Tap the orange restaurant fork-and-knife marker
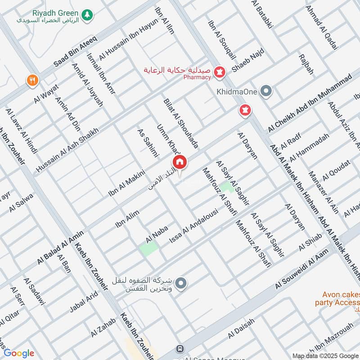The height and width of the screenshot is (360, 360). pos(32,81)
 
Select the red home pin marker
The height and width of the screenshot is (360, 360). pos(179,162)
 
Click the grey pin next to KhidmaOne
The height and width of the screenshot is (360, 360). pos(266,91)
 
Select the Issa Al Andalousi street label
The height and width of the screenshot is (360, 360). pos(193,226)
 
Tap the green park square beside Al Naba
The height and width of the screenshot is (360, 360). pos(149,248)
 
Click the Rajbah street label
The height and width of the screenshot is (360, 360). pos(306,64)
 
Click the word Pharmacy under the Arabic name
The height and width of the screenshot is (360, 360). pos(197,77)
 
